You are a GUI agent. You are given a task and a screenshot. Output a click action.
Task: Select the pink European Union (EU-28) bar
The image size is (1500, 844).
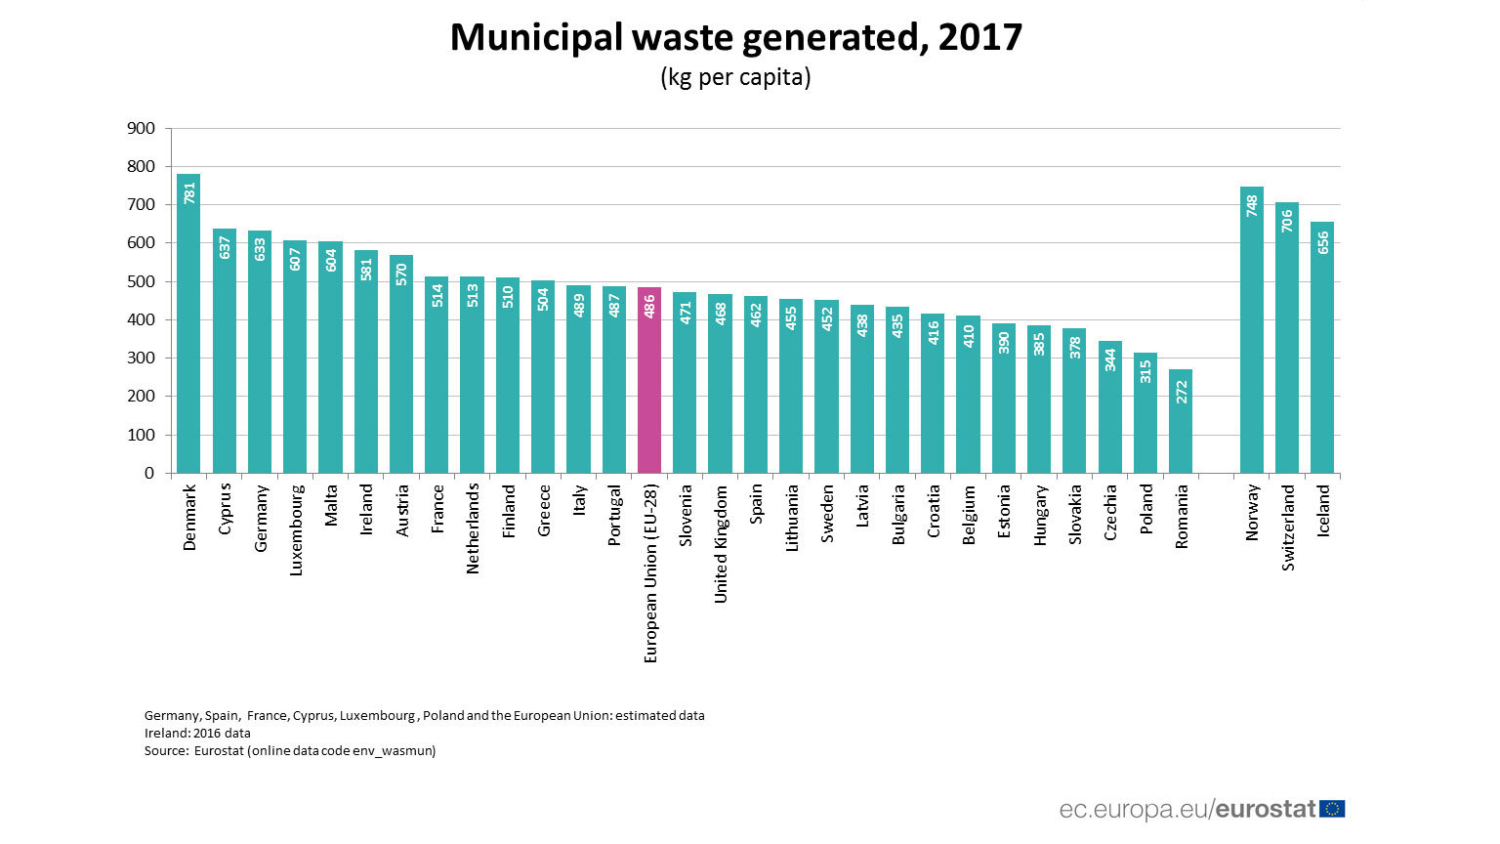649,381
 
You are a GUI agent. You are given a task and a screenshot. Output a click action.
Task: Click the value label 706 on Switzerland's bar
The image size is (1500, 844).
1287,221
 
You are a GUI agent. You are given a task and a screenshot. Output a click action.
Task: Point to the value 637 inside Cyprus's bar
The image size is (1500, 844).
225,247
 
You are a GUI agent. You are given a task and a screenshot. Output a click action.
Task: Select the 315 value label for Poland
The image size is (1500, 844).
1146,371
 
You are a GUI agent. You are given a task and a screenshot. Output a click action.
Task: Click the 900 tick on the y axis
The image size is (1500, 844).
141,128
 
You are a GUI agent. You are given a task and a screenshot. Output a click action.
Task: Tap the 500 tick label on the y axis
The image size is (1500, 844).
141,281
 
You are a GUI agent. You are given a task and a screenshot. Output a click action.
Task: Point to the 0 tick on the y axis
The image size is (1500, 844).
149,473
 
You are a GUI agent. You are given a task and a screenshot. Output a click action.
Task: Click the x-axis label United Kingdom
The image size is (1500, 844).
721,544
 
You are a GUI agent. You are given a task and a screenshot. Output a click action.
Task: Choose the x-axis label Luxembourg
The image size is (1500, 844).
296,529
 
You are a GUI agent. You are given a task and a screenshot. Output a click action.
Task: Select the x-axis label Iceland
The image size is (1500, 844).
1323,511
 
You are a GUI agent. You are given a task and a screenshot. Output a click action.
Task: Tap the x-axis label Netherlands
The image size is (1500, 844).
473,528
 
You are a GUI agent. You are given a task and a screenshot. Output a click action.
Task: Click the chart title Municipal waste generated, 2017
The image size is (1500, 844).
735,37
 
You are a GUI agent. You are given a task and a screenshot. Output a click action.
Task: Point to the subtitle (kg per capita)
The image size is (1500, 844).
735,77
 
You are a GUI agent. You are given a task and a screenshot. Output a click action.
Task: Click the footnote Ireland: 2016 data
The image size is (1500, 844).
197,733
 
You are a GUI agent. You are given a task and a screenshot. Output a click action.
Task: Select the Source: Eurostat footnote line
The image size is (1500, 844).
290,750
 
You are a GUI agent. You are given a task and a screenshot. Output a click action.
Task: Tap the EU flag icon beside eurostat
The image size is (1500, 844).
1332,809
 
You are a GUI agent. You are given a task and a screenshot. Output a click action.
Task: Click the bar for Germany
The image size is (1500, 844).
260,352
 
